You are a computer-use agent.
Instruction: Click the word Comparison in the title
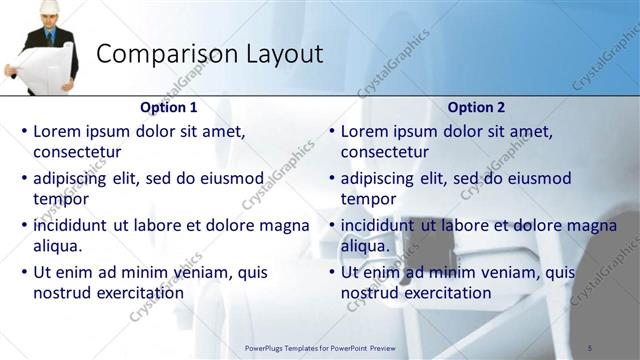tap(159, 54)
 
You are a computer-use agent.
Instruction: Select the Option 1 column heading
tap(170, 107)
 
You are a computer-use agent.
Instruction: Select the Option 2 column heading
tap(477, 107)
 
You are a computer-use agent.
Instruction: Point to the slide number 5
tap(590, 347)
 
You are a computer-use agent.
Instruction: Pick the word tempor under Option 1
tap(61, 199)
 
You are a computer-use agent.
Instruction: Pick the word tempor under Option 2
tap(368, 199)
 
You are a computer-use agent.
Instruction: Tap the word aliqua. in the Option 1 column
tap(58, 246)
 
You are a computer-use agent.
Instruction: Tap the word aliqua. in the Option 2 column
tap(365, 246)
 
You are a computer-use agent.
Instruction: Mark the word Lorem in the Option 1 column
tap(57, 131)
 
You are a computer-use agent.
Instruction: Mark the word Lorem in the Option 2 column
tap(364, 131)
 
